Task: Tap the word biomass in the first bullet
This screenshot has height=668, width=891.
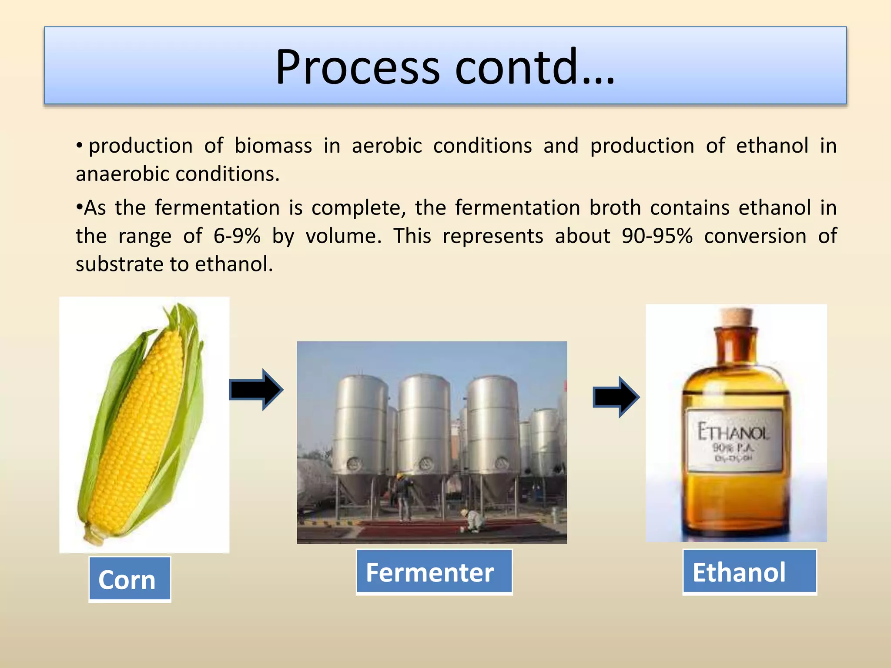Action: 273,146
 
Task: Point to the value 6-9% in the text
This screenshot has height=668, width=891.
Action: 237,236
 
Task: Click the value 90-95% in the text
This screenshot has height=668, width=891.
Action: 657,236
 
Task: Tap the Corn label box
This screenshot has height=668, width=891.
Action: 130,580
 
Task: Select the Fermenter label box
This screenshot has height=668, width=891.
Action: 434,572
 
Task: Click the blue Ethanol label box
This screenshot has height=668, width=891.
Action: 749,572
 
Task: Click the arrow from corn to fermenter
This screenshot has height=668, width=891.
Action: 257,390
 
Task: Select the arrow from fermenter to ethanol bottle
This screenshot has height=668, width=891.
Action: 616,397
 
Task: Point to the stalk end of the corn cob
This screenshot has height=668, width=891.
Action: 94,535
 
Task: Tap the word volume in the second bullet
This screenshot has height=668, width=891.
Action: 343,236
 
